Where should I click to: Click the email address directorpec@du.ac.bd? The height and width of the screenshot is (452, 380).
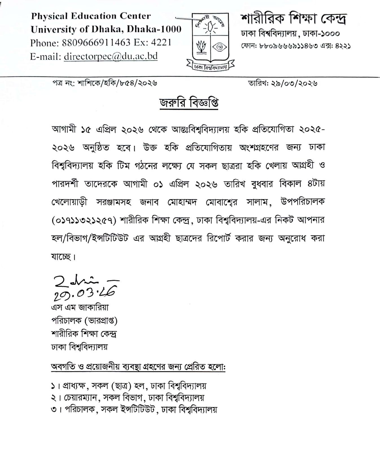(111, 56)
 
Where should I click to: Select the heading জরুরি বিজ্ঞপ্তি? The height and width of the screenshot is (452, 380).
(189, 103)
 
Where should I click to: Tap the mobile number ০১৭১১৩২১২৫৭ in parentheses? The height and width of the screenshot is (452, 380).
(84, 220)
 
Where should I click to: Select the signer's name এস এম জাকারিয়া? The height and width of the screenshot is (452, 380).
(80, 307)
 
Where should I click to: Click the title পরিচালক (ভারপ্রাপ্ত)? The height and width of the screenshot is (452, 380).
(84, 321)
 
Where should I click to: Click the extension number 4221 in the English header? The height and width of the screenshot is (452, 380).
(161, 43)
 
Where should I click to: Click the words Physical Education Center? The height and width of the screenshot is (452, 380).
(91, 16)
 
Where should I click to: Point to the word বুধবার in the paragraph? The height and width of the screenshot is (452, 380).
(264, 184)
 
